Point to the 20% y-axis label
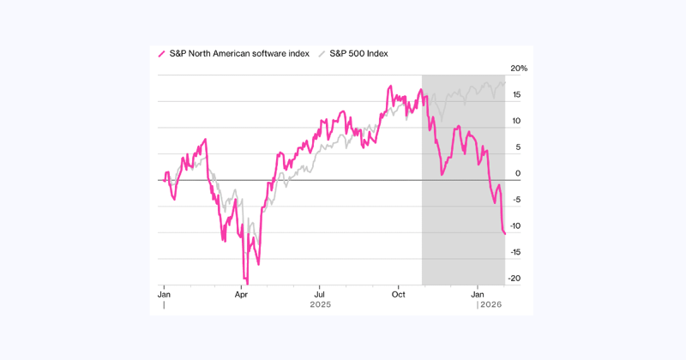519,69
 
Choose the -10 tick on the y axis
518,226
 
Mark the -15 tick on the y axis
518,253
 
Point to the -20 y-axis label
518,279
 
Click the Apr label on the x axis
241,293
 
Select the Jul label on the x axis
318,293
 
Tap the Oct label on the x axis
398,293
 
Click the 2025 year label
321,304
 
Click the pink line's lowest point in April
246,282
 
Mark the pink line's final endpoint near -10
505,233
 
